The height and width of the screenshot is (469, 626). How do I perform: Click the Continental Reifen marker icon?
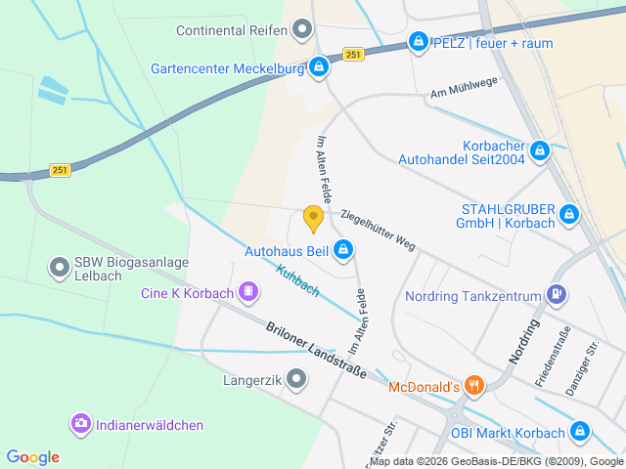click(302, 30)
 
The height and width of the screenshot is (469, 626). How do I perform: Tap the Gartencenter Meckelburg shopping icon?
click(318, 67)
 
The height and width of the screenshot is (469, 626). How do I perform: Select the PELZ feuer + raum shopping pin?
click(419, 42)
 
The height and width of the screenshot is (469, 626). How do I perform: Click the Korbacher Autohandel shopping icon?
click(539, 151)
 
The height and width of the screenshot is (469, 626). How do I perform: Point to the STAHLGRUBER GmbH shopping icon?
click(568, 214)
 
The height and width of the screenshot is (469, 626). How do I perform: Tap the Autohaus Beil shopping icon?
click(342, 251)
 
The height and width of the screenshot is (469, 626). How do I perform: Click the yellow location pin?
click(313, 218)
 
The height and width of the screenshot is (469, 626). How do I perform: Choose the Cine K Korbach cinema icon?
click(247, 291)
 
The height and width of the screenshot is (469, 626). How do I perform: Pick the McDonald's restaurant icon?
click(473, 386)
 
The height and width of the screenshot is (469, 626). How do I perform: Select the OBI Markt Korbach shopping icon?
click(579, 431)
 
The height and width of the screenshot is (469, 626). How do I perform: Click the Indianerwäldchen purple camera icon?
click(80, 423)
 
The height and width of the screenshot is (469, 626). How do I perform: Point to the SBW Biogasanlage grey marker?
click(60, 265)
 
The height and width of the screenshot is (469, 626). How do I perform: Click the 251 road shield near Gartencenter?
click(354, 55)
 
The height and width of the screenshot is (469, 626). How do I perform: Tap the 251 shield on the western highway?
click(60, 169)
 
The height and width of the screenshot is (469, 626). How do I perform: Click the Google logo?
click(32, 456)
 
